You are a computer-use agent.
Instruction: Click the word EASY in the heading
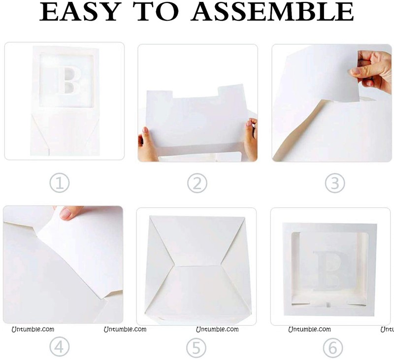[79, 12]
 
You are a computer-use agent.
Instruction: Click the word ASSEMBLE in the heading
[272, 12]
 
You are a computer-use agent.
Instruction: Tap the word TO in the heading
[157, 12]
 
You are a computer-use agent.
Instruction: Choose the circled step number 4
[59, 347]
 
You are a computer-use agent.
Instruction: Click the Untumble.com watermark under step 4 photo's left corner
[33, 329]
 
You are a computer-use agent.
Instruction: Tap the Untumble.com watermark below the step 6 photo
[310, 329]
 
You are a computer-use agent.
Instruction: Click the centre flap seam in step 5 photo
[197, 266]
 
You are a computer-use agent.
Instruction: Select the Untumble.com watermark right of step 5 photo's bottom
[217, 329]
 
